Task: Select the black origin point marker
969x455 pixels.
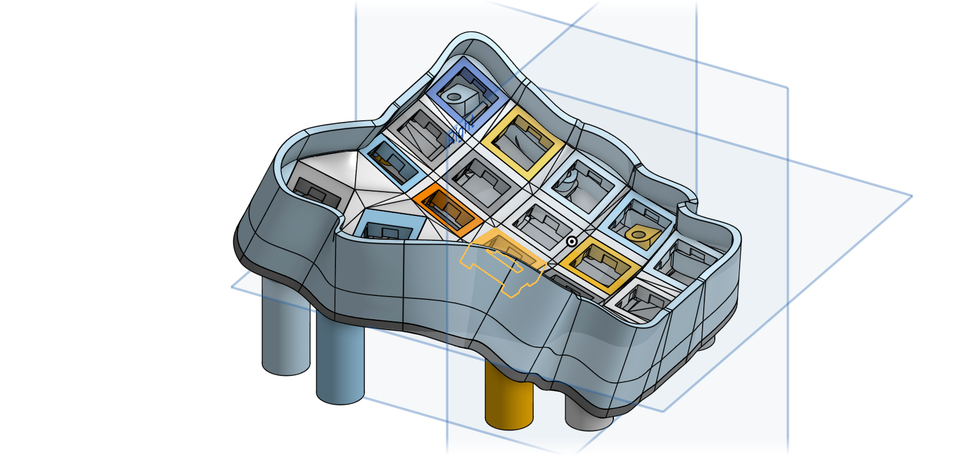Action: tap(572, 242)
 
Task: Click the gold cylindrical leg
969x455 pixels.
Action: tap(509, 400)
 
